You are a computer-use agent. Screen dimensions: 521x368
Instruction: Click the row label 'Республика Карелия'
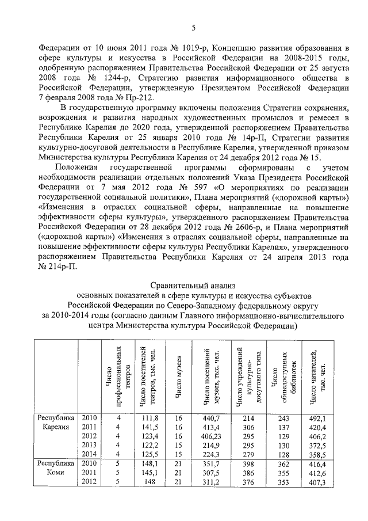pyautogui.click(x=56, y=422)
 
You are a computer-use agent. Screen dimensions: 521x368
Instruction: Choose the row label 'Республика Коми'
pyautogui.click(x=56, y=467)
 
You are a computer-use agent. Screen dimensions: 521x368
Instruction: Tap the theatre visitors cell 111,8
pyautogui.click(x=149, y=418)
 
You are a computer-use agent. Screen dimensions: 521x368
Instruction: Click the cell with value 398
pyautogui.click(x=248, y=463)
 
